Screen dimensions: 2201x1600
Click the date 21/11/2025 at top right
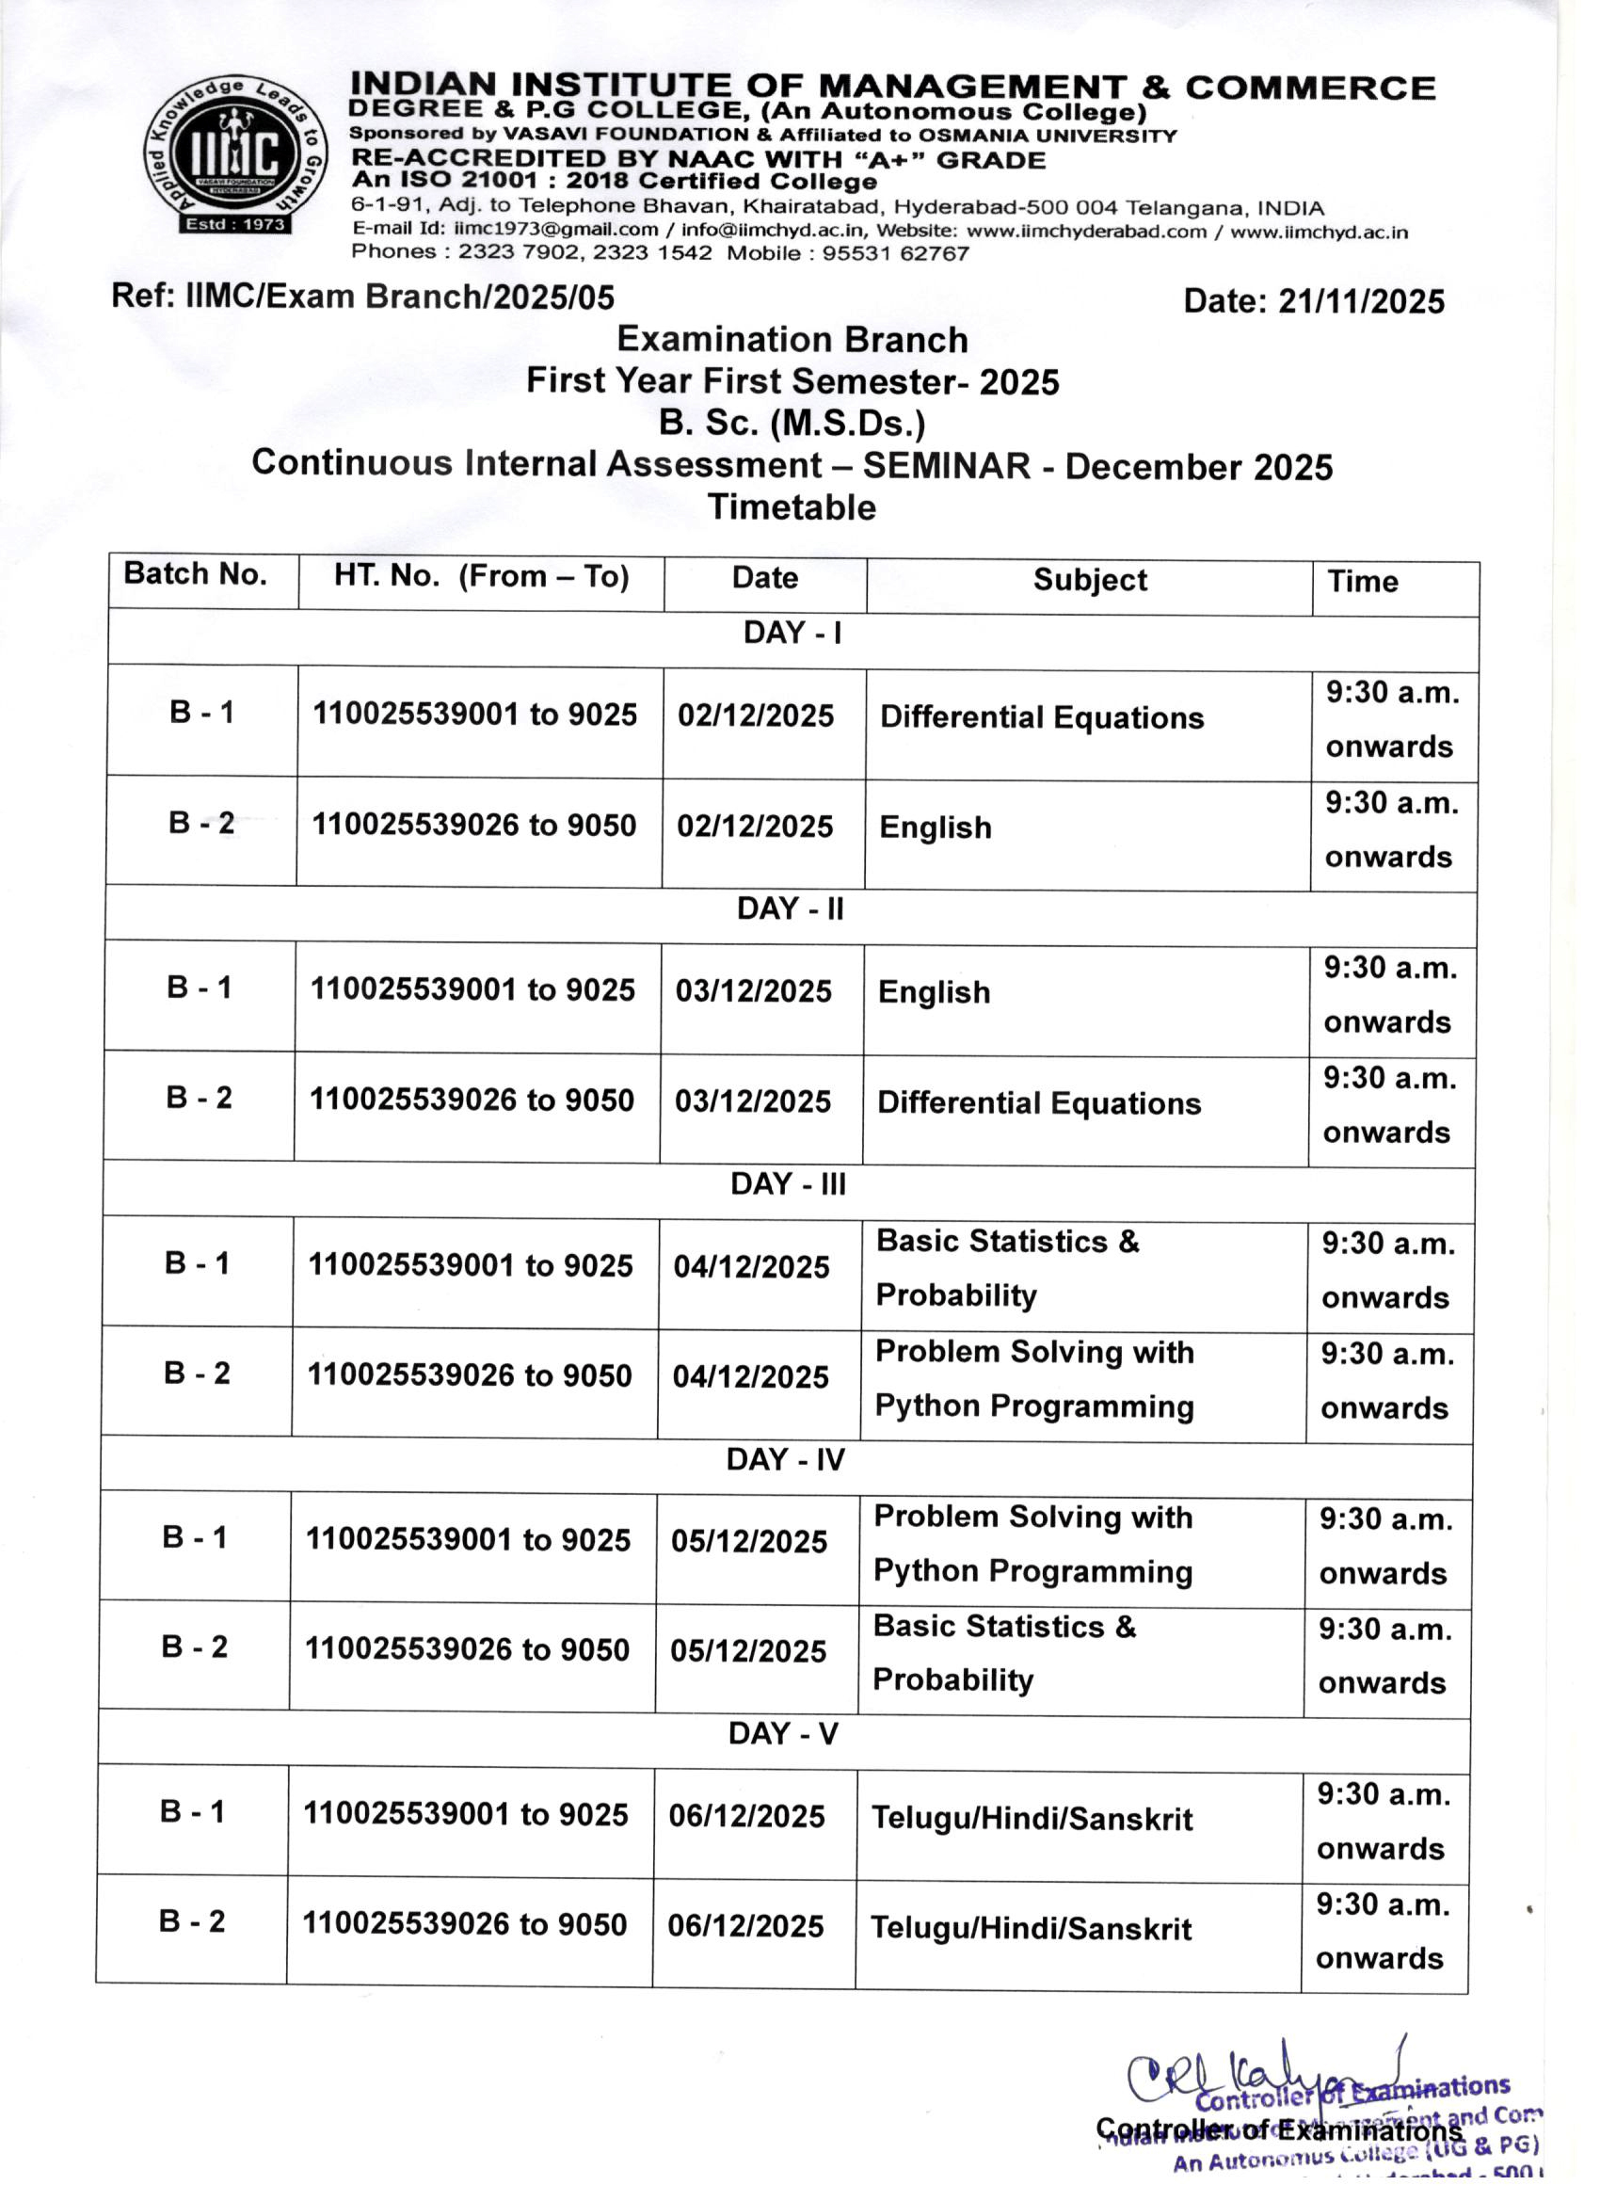[x=1361, y=302]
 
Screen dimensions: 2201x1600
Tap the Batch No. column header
[x=195, y=574]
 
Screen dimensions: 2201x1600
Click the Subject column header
[x=1089, y=580]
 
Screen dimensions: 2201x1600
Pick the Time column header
[x=1362, y=583]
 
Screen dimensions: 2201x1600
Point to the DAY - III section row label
[x=788, y=1185]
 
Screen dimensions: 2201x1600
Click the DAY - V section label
[x=783, y=1734]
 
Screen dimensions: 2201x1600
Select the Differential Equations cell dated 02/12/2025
[x=1041, y=718]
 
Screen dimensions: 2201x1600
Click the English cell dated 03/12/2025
[x=934, y=993]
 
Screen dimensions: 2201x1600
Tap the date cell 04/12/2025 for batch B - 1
[x=751, y=1267]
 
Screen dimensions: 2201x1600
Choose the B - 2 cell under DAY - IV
[x=194, y=1647]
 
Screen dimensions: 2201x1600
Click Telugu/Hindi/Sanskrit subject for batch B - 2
[x=1031, y=1928]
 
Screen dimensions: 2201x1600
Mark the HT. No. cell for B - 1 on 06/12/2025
[x=466, y=1815]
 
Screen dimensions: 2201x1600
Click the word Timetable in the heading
[x=791, y=507]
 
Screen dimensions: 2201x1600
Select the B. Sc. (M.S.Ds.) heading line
[x=791, y=424]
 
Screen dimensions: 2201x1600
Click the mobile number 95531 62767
[x=895, y=254]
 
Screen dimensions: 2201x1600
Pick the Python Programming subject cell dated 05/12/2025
[x=1032, y=1544]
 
